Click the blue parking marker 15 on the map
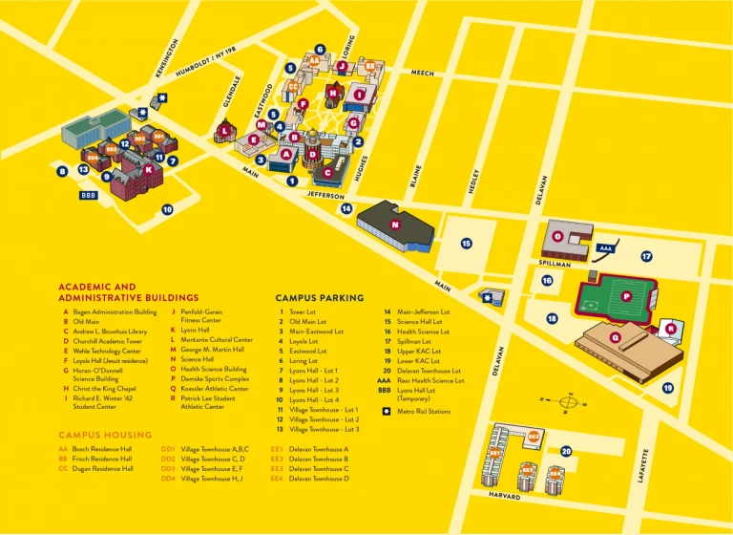pyautogui.click(x=467, y=244)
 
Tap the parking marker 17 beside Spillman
pyautogui.click(x=646, y=256)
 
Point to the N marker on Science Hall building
pyautogui.click(x=395, y=225)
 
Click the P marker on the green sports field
pyautogui.click(x=626, y=296)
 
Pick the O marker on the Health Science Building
pyautogui.click(x=558, y=236)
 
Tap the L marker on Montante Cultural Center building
pyautogui.click(x=226, y=132)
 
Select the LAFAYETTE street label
pyautogui.click(x=643, y=464)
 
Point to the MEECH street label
pyautogui.click(x=422, y=73)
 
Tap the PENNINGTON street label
pyautogui.click(x=166, y=58)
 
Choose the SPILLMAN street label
pyautogui.click(x=555, y=264)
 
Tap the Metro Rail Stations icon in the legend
pyautogui.click(x=387, y=412)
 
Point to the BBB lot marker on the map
pyautogui.click(x=89, y=194)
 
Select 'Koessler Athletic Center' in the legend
pyautogui.click(x=215, y=388)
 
